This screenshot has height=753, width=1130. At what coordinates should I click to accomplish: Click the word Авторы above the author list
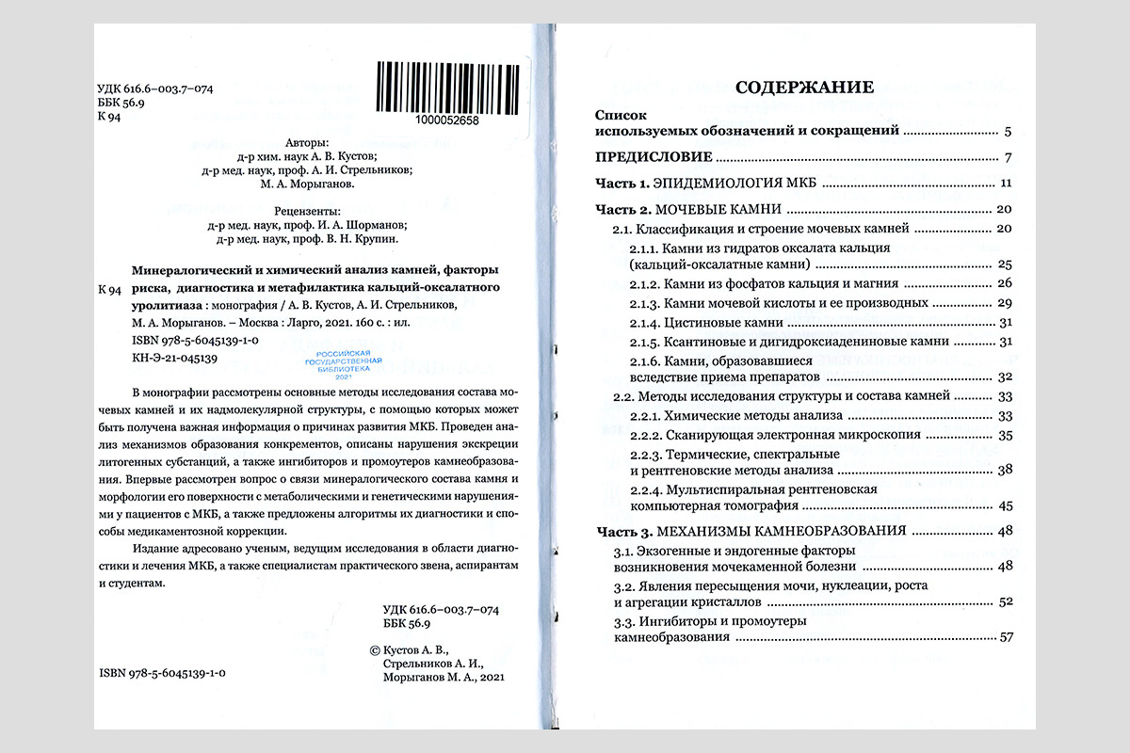[x=306, y=140]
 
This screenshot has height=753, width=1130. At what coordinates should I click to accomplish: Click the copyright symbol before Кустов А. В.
[x=376, y=649]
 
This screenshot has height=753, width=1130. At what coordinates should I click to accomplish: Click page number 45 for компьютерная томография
[x=1004, y=505]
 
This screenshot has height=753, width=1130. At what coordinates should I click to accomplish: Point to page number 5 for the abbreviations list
[x=1008, y=132]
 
